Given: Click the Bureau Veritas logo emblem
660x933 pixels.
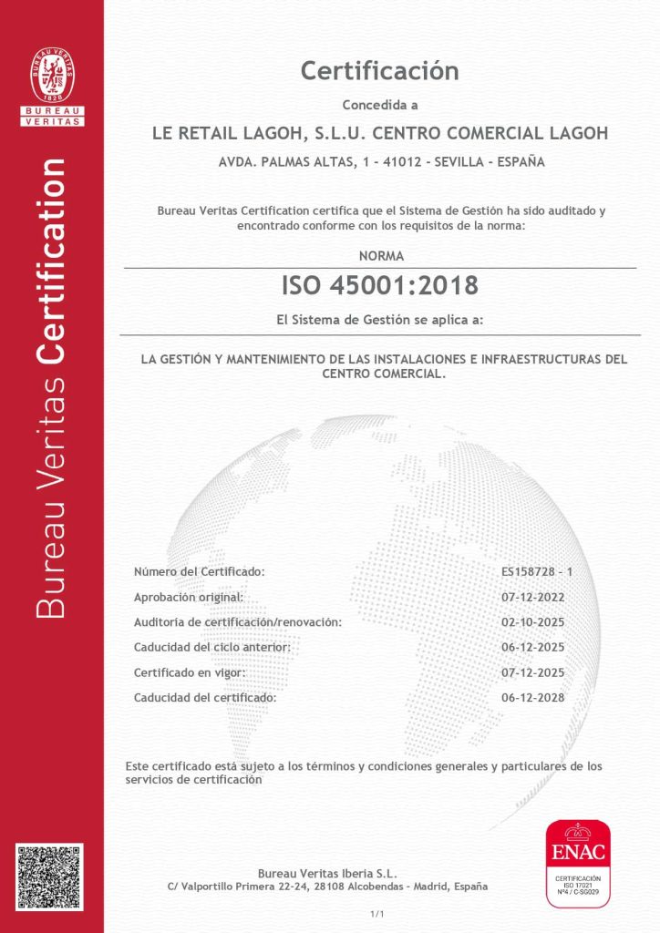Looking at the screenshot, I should tap(53, 77).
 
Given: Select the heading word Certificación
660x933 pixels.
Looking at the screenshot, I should tap(379, 70).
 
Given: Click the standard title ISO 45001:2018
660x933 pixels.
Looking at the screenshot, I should tap(379, 285).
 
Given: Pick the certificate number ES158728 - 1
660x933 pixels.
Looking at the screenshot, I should tap(536, 571).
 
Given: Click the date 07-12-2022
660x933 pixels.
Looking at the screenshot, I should tap(533, 597).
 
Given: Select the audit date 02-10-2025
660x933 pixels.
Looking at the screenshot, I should tap(533, 622).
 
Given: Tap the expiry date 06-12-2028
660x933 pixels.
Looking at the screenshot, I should tap(533, 698).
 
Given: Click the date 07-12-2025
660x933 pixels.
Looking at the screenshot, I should tap(533, 672).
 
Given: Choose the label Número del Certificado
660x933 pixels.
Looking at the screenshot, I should tap(199, 571).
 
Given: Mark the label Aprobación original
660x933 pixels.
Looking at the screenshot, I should tap(189, 597).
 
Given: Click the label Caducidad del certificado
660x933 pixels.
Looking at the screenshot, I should tap(204, 698).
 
